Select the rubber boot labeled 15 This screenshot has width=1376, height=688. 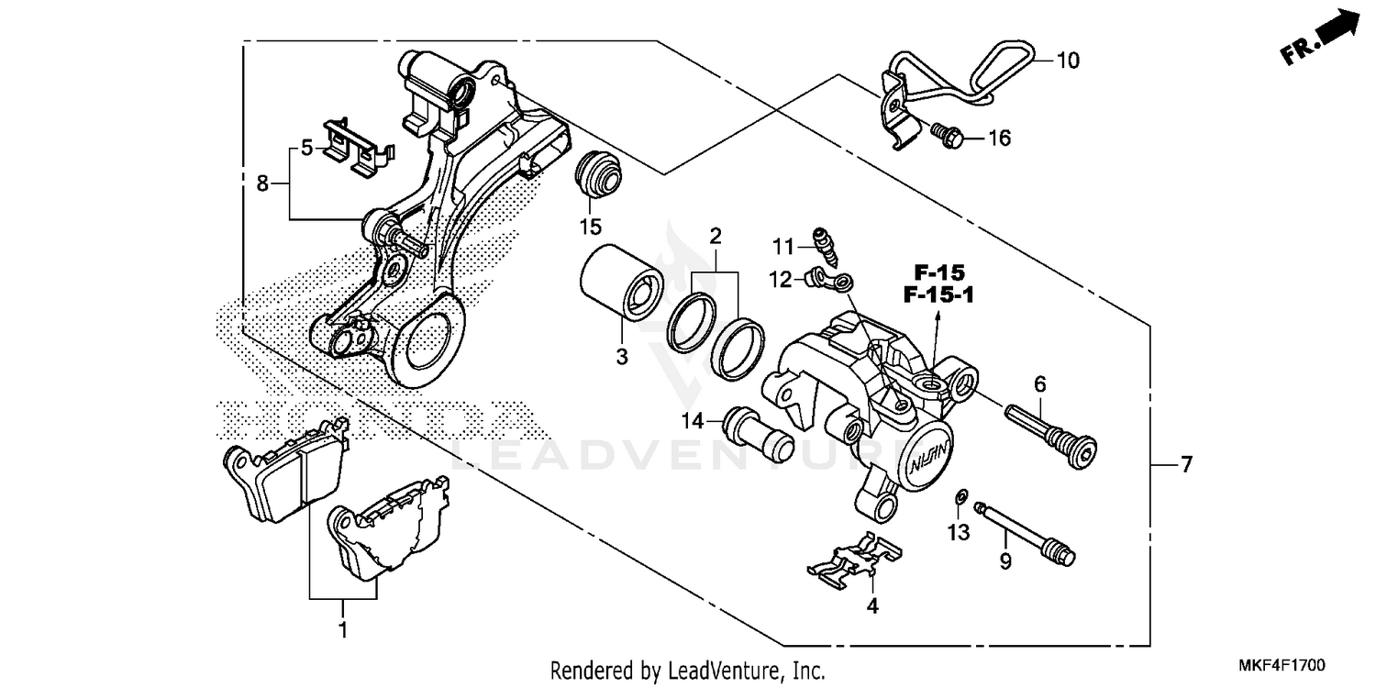598,175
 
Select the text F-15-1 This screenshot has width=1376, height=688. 938,295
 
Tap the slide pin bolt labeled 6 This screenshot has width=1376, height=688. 1051,433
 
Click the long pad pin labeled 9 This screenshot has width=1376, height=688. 1023,531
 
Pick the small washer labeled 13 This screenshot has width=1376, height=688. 960,496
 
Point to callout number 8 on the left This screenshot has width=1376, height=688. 262,184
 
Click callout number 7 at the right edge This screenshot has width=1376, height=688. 1186,466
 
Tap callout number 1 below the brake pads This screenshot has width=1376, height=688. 343,630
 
